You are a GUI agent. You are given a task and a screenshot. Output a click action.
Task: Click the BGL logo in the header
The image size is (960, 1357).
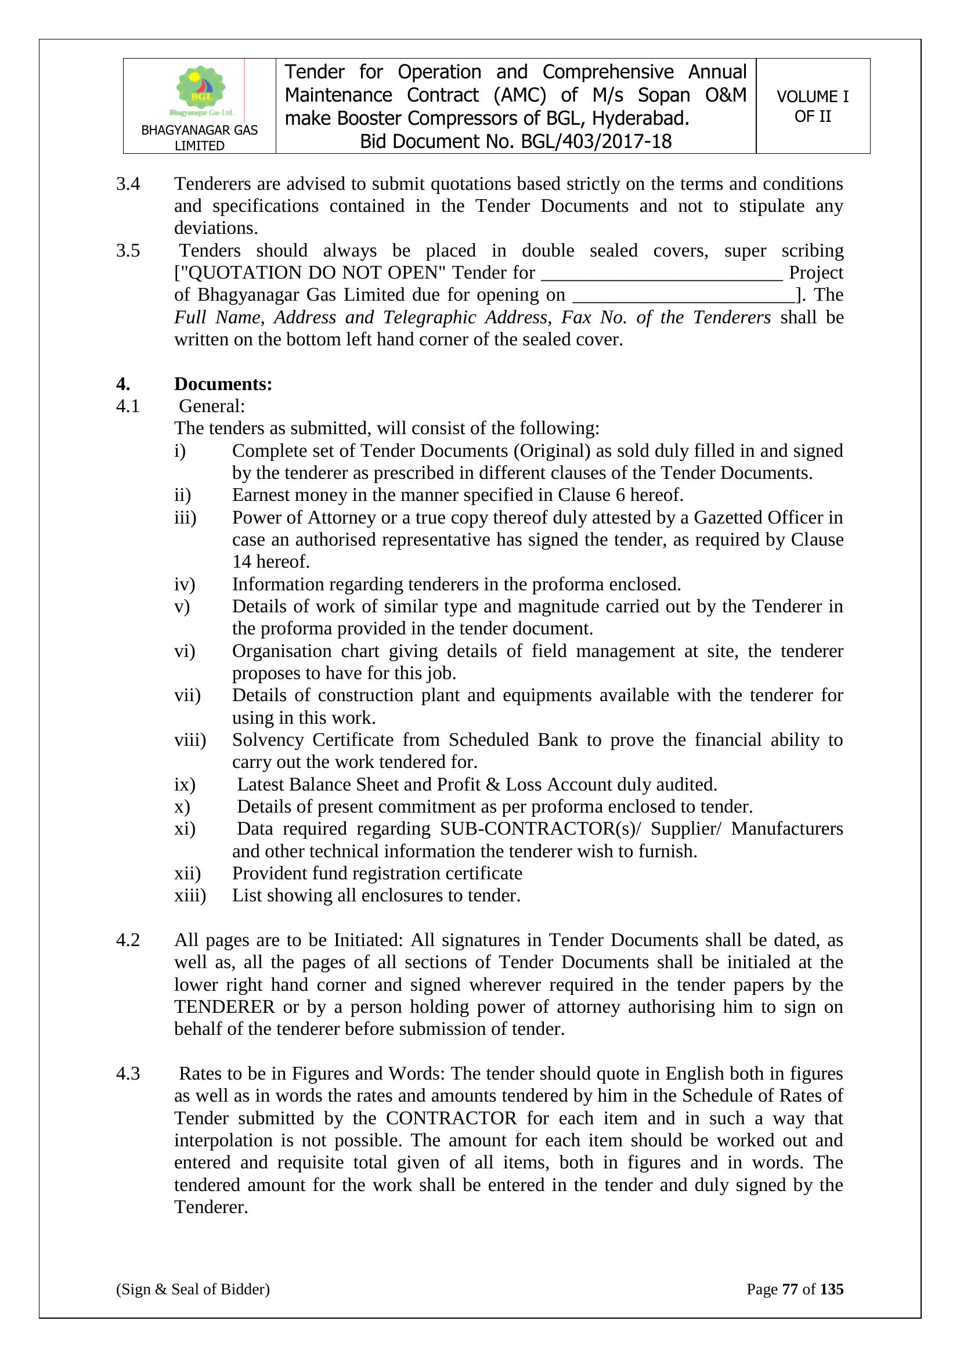point(201,91)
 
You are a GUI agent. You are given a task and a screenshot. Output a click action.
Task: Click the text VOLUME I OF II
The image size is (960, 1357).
point(812,106)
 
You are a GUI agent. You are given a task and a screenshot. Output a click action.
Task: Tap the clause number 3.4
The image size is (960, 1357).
point(128,184)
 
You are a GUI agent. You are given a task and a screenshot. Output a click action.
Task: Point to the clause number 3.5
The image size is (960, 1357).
point(128,251)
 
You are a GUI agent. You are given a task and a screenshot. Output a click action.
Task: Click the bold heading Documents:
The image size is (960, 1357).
point(223,384)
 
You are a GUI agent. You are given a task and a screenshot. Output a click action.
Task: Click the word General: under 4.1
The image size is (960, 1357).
point(212,407)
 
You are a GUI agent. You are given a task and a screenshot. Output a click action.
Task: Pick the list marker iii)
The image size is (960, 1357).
point(185,518)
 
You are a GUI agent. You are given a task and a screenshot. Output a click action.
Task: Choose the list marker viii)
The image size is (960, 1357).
point(190,740)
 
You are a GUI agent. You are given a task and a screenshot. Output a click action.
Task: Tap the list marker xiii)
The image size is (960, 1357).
point(190,896)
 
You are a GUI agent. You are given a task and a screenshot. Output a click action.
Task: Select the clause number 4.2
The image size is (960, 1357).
point(128,940)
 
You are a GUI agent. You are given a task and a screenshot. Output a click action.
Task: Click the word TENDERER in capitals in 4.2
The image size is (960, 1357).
point(224,1007)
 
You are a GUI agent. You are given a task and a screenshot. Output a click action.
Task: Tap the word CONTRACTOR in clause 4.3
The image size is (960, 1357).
point(451,1118)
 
